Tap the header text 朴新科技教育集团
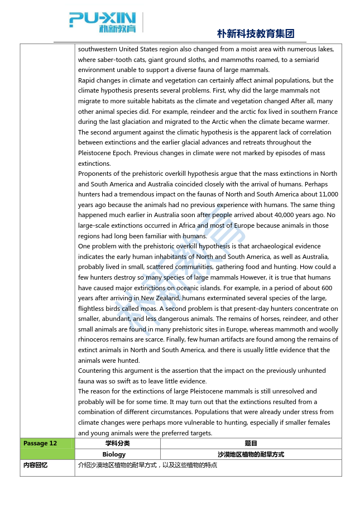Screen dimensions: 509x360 pos(256,33)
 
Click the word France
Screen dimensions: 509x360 pos(328,112)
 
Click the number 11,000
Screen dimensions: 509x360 pos(326,195)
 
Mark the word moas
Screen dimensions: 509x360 pos(147,309)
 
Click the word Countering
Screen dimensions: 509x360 pos(94,371)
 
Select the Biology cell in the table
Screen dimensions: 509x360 pos(117,454)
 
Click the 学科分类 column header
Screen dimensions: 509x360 pos(117,444)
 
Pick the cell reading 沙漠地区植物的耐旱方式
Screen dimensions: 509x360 pos(251,454)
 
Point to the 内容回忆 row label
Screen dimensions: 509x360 pos(35,465)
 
